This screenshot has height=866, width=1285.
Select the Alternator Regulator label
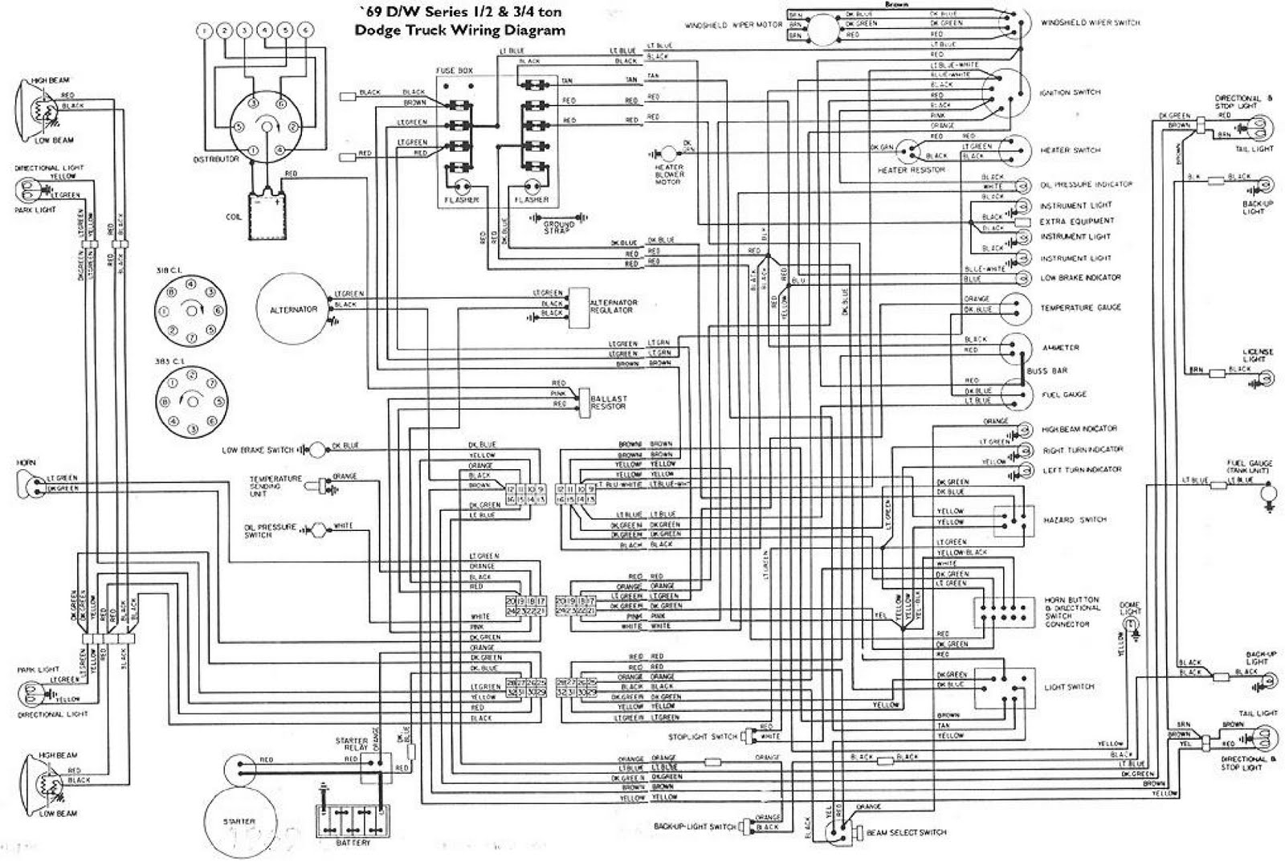click(613, 306)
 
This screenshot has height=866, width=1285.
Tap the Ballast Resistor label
click(608, 402)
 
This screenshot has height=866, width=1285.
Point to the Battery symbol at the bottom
click(353, 821)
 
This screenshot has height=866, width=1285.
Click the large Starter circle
click(240, 821)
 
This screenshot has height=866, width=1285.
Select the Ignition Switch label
click(1069, 92)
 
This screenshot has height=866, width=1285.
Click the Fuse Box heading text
click(455, 71)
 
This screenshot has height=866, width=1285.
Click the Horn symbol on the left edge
click(29, 483)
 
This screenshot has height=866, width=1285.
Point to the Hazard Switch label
click(1074, 520)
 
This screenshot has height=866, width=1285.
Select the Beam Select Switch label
click(906, 832)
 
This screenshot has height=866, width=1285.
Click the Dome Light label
click(1130, 608)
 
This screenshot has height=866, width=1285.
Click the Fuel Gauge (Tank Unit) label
click(1249, 467)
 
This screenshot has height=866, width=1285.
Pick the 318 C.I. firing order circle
click(191, 310)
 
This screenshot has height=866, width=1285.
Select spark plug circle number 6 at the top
click(305, 31)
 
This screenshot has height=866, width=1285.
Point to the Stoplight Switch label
click(702, 737)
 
